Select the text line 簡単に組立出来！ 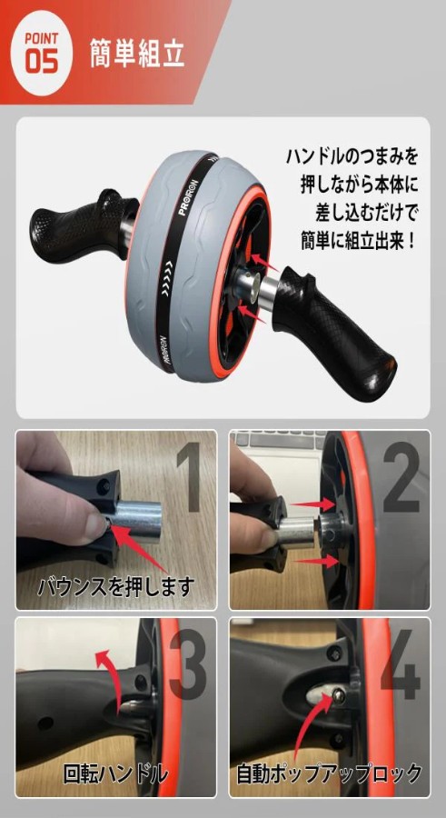[359, 241]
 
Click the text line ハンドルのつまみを [352, 156]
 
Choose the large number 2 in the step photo [401, 477]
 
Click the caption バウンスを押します [115, 586]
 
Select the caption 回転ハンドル [115, 773]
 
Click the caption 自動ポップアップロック [329, 773]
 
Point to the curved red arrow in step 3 [109, 672]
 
